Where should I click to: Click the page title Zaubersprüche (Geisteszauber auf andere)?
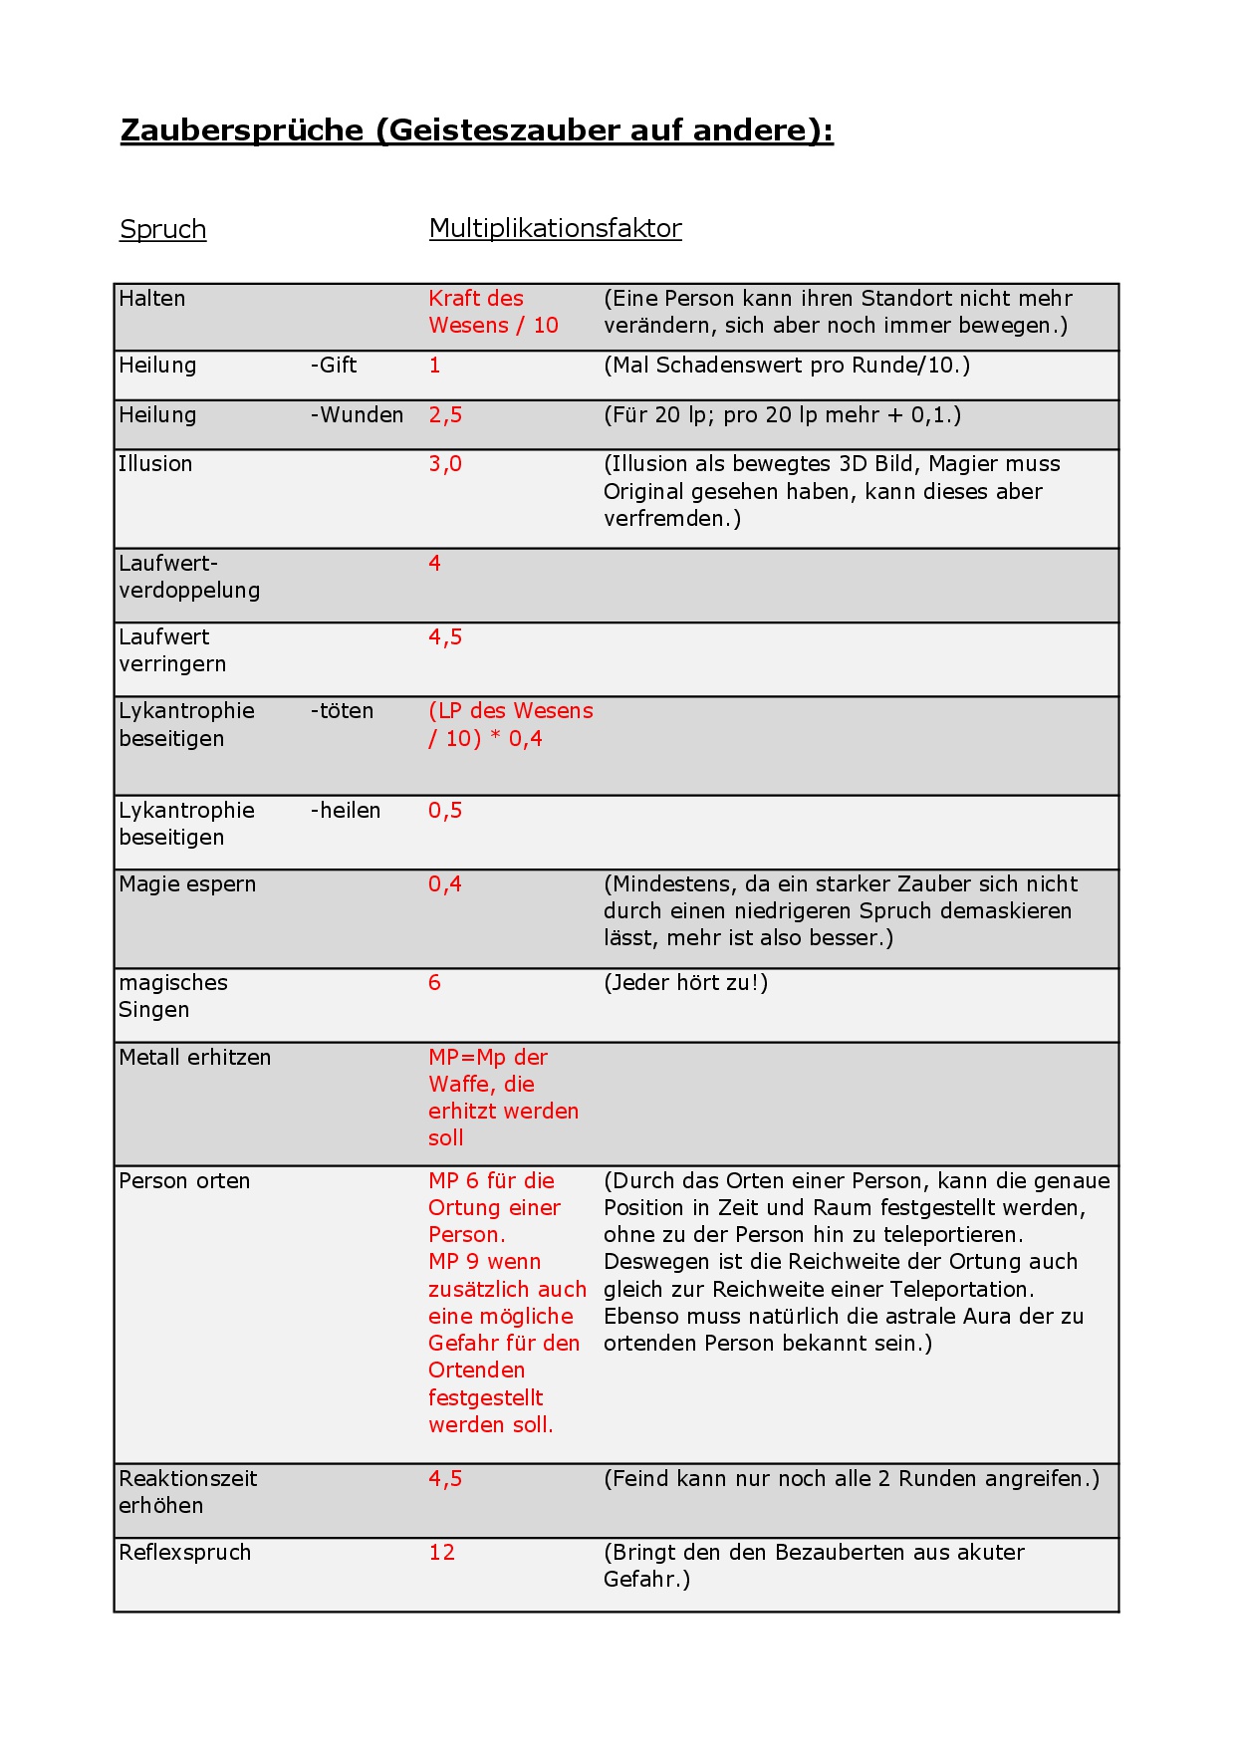[x=476, y=130]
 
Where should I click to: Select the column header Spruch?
[x=162, y=229]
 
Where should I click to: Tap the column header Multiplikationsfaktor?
[x=555, y=228]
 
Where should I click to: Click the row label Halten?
[x=152, y=299]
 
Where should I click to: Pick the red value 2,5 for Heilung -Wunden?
[x=445, y=415]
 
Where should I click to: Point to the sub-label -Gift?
[x=334, y=366]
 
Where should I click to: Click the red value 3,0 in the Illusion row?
[x=445, y=464]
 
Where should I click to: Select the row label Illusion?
[x=155, y=464]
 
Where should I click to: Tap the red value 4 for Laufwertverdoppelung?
[x=434, y=564]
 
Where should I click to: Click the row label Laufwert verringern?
[x=172, y=650]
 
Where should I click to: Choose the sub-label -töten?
[x=342, y=711]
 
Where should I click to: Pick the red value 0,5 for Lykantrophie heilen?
[x=445, y=811]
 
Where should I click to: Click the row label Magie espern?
[x=187, y=884]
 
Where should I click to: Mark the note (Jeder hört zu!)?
[x=685, y=983]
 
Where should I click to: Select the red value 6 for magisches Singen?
[x=434, y=983]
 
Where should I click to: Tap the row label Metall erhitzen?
[x=194, y=1058]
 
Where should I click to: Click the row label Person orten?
[x=184, y=1181]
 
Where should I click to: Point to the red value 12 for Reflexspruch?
[x=441, y=1553]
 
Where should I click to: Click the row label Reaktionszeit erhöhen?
[x=187, y=1492]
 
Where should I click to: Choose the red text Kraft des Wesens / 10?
[x=493, y=312]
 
